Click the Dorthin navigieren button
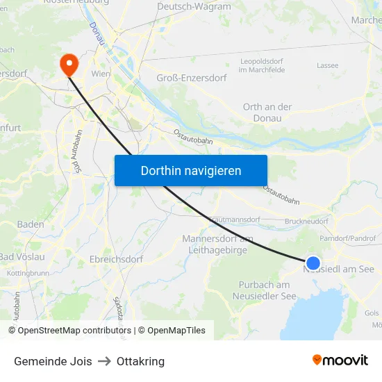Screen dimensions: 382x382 pyautogui.click(x=191, y=170)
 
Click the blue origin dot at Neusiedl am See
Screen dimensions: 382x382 pyautogui.click(x=313, y=263)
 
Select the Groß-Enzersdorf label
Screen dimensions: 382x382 pyautogui.click(x=192, y=78)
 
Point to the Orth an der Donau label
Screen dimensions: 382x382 pyautogui.click(x=267, y=113)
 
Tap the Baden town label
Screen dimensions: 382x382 pyautogui.click(x=31, y=224)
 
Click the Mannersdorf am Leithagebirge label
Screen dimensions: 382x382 pyautogui.click(x=217, y=244)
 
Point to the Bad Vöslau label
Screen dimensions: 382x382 pyautogui.click(x=23, y=257)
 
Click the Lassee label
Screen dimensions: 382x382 pyautogui.click(x=327, y=65)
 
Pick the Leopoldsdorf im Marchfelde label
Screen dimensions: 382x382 pyautogui.click(x=263, y=65)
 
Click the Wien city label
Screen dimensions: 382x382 pyautogui.click(x=101, y=72)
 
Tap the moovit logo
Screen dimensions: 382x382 pyautogui.click(x=340, y=360)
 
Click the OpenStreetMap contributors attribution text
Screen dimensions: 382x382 pyautogui.click(x=72, y=331)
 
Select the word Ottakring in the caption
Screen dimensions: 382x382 pyautogui.click(x=140, y=361)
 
